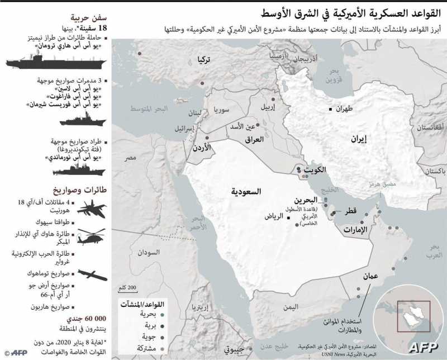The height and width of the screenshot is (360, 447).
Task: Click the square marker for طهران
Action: click(330, 109)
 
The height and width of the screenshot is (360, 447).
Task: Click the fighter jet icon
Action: click(90, 209)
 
